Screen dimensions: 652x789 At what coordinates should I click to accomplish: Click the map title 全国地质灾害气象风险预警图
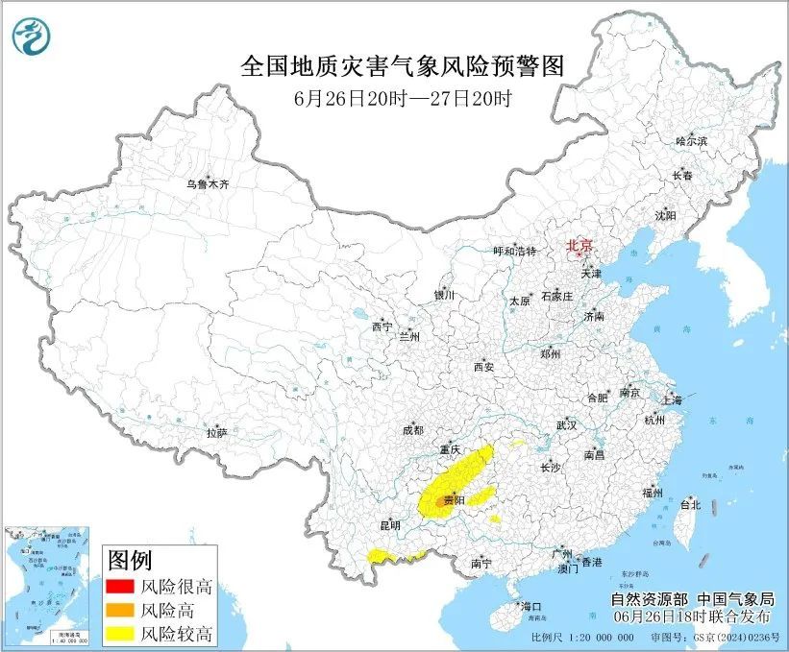point(401,65)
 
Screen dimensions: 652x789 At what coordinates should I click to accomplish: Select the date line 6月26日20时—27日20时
point(401,98)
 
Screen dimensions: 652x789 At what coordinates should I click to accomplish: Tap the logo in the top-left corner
point(33,36)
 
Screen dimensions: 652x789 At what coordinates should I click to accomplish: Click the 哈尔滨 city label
point(690,141)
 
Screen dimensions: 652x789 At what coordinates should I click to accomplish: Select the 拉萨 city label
point(216,433)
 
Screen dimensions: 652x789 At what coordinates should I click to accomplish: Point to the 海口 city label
point(531,607)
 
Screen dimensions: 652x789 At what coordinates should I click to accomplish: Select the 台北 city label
point(690,504)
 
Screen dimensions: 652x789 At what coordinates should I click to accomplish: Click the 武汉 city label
point(566,424)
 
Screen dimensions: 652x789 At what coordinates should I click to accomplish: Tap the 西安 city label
point(483,367)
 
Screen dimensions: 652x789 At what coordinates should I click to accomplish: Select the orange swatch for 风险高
point(119,610)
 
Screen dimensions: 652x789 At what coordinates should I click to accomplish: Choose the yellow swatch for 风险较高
point(119,633)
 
